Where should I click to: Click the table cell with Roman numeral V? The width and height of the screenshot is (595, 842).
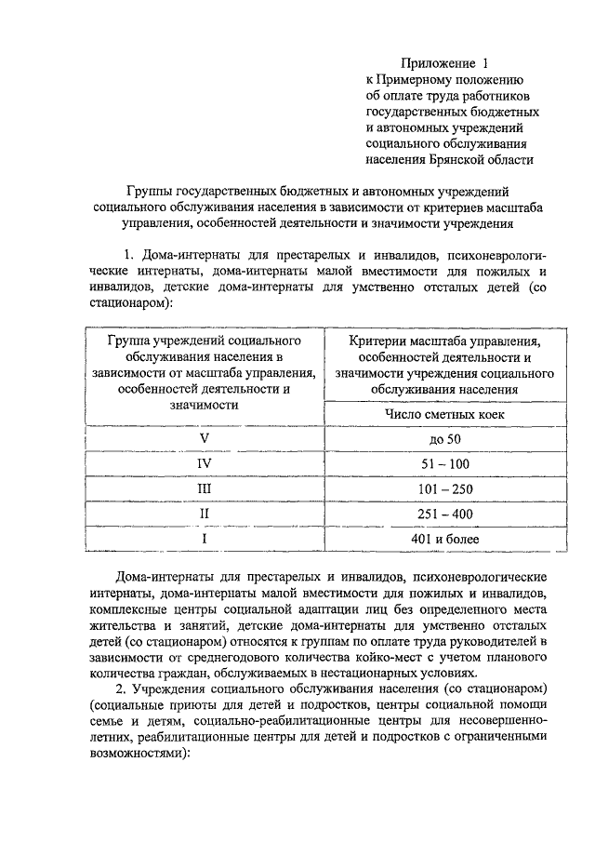point(203,438)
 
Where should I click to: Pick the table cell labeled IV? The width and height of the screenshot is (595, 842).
point(203,463)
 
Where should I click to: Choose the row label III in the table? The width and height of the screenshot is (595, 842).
point(203,488)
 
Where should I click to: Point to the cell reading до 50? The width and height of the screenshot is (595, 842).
point(439,438)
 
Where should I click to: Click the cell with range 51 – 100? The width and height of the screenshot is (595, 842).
point(439,463)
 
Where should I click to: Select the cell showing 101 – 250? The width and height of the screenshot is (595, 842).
point(439,488)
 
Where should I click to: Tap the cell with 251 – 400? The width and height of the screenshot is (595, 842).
point(439,514)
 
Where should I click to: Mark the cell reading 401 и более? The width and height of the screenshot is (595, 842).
point(439,539)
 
